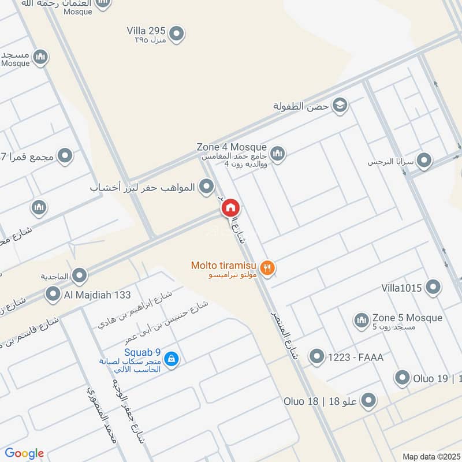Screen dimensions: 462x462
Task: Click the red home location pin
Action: [230, 207]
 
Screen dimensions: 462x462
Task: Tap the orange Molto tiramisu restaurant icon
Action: [267, 267]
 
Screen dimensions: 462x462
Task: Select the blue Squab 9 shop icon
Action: [171, 359]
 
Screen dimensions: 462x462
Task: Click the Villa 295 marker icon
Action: [177, 34]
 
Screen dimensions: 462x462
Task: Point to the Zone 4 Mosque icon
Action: [277, 153]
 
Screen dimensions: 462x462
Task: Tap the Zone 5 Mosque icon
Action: [361, 320]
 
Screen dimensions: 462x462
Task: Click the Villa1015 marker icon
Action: [433, 286]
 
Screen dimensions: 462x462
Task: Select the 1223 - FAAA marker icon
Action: [316, 357]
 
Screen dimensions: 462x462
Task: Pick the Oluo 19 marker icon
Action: [402, 379]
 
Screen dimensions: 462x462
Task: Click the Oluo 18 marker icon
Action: [367, 400]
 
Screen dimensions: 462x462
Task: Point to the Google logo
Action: [24, 453]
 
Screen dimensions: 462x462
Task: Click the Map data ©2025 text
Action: [430, 456]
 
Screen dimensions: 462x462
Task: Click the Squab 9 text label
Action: [142, 352]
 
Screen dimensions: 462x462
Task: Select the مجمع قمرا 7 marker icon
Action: [65, 155]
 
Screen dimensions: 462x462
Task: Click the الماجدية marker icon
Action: [79, 275]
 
